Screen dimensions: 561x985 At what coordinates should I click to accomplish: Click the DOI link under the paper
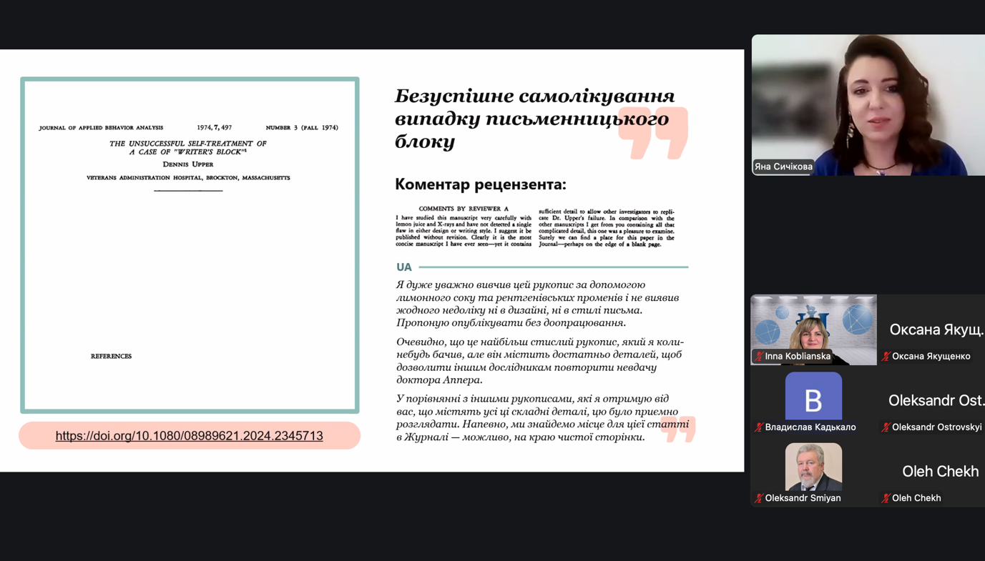click(x=189, y=435)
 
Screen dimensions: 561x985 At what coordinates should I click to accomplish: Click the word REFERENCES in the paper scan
click(x=111, y=356)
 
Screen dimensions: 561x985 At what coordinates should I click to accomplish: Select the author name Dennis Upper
click(x=188, y=164)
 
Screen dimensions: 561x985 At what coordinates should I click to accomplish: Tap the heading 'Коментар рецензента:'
click(x=480, y=184)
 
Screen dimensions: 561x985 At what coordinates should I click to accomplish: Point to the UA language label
click(x=404, y=267)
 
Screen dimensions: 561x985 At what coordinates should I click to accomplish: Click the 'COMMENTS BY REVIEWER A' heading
click(x=464, y=209)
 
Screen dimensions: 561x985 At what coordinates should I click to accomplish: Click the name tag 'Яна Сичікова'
click(x=783, y=167)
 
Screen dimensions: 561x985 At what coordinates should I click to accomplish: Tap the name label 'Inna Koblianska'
click(x=798, y=356)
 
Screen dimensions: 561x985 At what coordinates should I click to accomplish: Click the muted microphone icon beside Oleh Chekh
click(x=886, y=498)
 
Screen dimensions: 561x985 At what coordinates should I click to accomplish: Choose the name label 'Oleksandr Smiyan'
click(x=803, y=498)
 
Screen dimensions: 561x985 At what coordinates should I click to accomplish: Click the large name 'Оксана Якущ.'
click(x=936, y=329)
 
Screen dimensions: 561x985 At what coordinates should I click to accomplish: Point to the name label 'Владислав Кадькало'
click(x=810, y=427)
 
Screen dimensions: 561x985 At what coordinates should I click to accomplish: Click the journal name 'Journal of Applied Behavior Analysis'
click(x=101, y=128)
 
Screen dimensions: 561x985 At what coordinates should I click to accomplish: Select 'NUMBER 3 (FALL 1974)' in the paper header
click(x=302, y=128)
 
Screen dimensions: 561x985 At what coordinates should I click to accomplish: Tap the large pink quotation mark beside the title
click(x=653, y=134)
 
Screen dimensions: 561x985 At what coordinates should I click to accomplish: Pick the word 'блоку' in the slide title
click(x=425, y=141)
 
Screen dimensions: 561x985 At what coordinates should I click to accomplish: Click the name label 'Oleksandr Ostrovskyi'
click(x=936, y=427)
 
